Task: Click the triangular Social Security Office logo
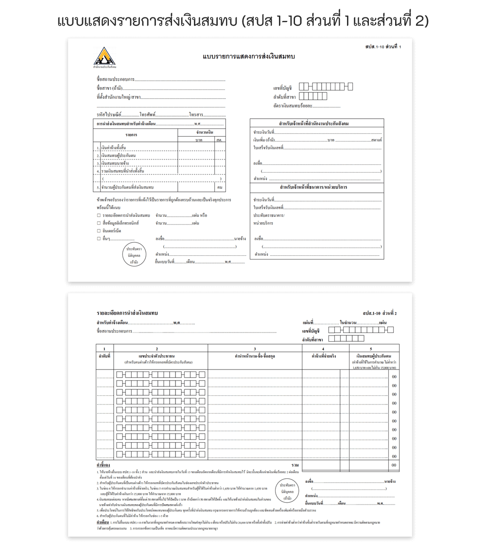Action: (104, 56)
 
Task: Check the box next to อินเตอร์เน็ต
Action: (99, 231)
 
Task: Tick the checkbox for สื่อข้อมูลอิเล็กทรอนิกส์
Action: (99, 223)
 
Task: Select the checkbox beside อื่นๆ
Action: (99, 239)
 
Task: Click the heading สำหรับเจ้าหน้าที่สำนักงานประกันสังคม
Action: (317, 123)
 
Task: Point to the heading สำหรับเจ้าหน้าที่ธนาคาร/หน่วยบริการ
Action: (317, 187)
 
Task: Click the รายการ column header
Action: (131, 134)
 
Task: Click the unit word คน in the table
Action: (220, 187)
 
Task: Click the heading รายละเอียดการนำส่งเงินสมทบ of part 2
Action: (127, 313)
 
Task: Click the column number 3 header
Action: (255, 349)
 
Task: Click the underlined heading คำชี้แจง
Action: (103, 465)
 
